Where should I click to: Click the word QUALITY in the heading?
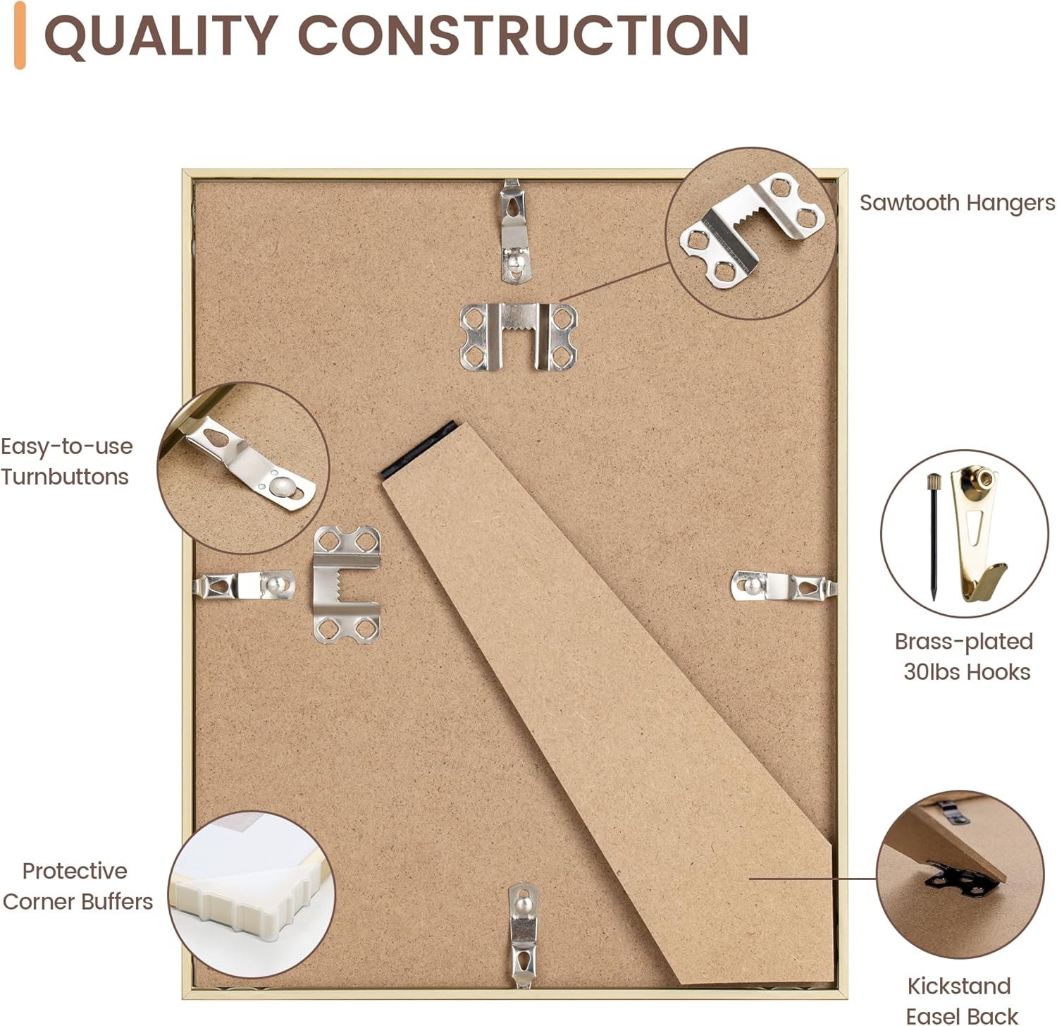coord(159,35)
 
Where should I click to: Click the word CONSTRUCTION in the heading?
coord(524,35)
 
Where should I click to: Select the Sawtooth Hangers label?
coord(957,203)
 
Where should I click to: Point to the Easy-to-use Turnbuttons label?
coord(66,461)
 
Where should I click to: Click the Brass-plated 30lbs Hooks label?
coord(965,656)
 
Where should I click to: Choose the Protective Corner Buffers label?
coord(77,886)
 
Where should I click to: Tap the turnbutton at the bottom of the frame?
coord(523,934)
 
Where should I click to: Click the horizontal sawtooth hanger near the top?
coord(518,336)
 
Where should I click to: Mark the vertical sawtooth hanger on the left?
coord(347,585)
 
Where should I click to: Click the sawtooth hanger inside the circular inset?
coord(753,230)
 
